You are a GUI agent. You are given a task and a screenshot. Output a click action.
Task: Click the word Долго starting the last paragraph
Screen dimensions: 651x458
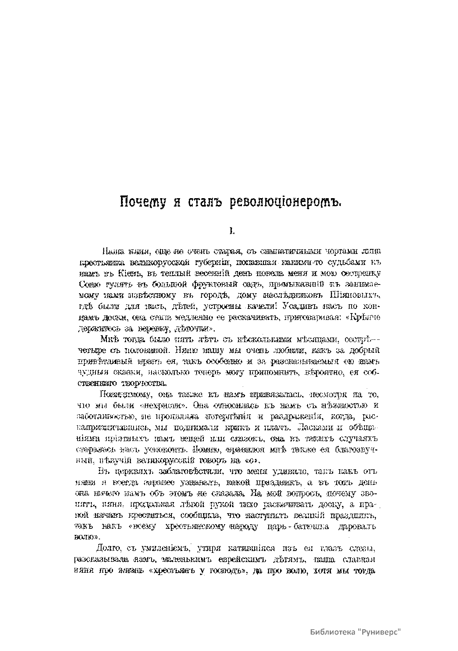[x=108, y=549]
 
